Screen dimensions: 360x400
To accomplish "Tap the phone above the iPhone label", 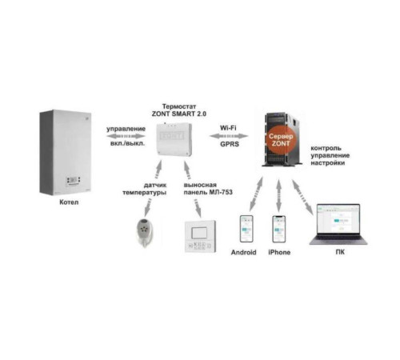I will (279, 230).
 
